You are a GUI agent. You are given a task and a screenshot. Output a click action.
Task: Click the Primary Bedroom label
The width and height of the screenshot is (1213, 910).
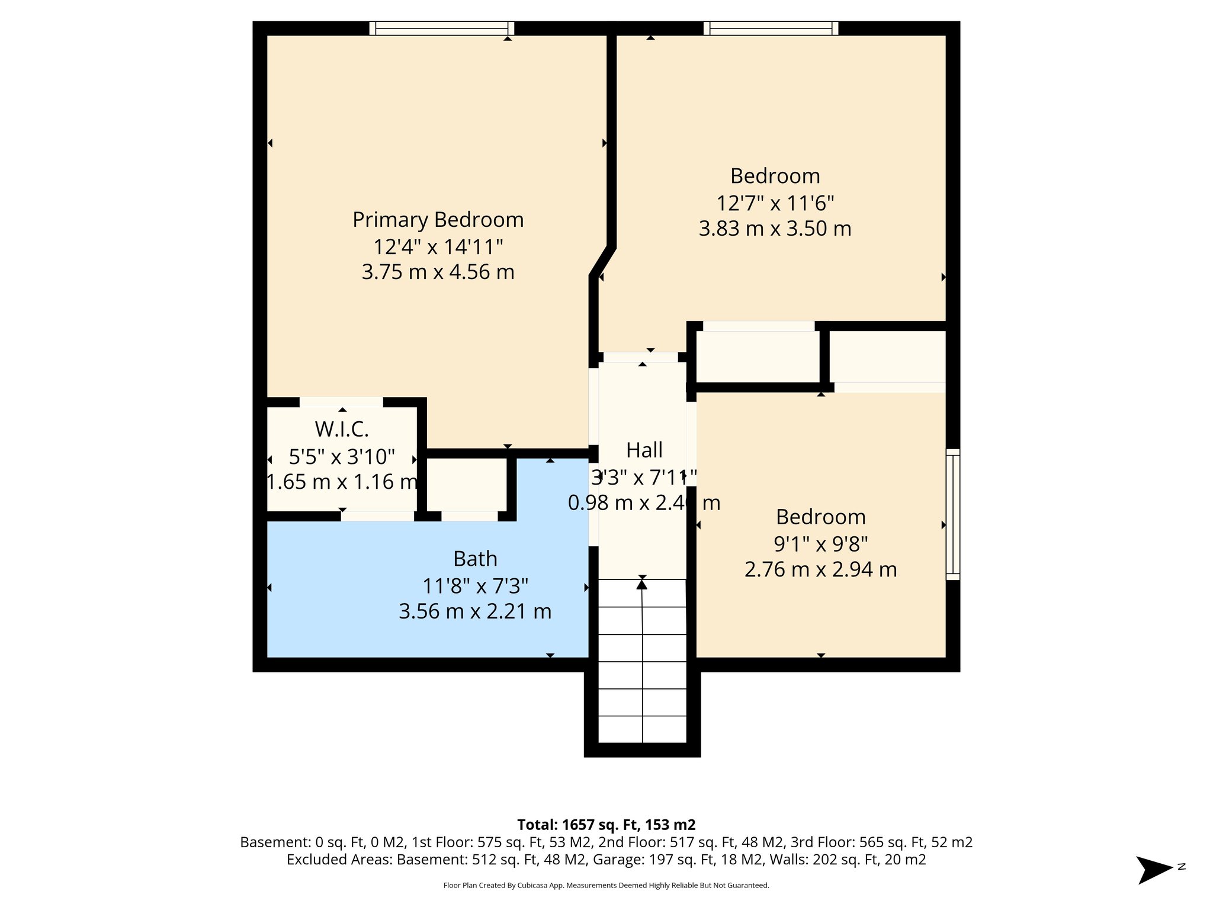pos(438,220)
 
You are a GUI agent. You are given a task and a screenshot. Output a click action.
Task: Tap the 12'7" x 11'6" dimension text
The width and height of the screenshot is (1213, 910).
pos(775,203)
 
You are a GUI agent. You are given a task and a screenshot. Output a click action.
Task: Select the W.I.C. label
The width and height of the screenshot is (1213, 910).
pos(342,428)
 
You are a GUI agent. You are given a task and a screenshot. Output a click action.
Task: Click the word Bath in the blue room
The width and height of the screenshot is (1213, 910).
pos(475,559)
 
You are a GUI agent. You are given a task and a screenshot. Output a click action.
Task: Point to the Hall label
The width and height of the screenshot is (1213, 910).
pos(644,450)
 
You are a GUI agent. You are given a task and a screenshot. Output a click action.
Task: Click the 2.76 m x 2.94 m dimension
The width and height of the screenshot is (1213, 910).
pos(820,569)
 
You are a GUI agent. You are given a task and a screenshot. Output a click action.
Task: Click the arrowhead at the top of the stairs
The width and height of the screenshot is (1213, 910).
pos(642,584)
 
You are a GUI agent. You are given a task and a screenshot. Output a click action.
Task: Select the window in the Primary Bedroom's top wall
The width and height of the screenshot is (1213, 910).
pos(442,28)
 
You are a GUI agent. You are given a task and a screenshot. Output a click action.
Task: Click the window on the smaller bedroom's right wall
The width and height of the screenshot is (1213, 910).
pos(952,514)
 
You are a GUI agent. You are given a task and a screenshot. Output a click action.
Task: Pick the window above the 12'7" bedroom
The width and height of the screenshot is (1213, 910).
pos(771,28)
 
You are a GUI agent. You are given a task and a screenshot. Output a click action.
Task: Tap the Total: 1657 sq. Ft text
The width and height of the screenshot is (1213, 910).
pos(606,825)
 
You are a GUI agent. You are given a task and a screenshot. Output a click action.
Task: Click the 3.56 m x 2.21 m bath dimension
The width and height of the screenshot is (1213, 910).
pos(475,611)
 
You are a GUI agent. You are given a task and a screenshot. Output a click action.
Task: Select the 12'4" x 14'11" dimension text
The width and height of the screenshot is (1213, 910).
pos(438,246)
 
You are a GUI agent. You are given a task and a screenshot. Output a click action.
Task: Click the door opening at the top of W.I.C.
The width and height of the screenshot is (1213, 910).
pos(341,402)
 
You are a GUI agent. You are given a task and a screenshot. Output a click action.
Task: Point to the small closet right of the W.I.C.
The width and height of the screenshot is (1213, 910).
pos(467,485)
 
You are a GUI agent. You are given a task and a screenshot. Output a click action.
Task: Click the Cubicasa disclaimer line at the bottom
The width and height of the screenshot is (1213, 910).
pos(606,886)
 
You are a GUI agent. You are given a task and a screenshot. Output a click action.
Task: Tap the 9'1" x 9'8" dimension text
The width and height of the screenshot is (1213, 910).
pos(820,543)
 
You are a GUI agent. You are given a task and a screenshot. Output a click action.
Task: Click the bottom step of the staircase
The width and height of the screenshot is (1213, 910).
pos(642,730)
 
